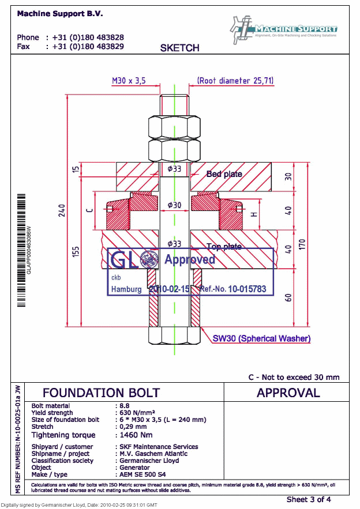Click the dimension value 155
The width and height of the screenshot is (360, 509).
tap(76, 251)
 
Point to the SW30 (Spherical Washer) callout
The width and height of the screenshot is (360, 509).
tap(261, 338)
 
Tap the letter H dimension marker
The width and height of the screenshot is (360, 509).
tap(253, 214)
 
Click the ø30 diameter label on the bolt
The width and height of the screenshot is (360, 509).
tap(174, 205)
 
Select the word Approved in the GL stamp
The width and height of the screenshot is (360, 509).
tap(190, 259)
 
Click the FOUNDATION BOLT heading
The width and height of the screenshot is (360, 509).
tap(101, 393)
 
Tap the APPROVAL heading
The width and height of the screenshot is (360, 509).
tap(288, 393)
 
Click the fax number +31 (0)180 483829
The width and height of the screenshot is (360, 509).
tap(88, 46)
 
